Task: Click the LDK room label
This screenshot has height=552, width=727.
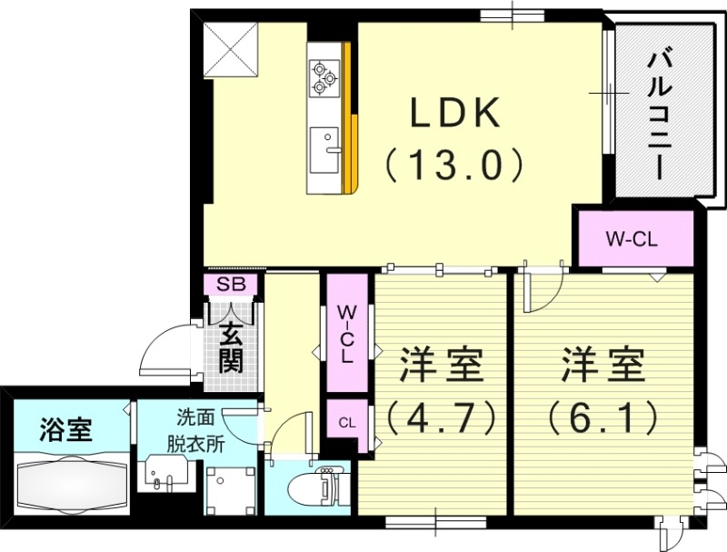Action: point(454,115)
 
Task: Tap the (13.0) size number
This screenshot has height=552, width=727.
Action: point(454,166)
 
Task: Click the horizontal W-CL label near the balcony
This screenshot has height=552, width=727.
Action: point(632,240)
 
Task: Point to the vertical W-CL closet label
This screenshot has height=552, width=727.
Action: point(346,334)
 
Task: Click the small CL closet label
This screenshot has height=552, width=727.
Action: point(346,423)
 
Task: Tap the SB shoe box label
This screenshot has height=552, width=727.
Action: point(231,284)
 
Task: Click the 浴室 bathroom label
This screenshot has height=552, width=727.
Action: point(66,428)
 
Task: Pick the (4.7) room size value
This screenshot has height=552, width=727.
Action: point(441,418)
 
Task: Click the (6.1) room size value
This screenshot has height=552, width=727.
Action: point(602,418)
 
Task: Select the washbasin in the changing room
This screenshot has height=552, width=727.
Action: point(166,477)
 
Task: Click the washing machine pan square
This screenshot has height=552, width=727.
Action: point(227,492)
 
